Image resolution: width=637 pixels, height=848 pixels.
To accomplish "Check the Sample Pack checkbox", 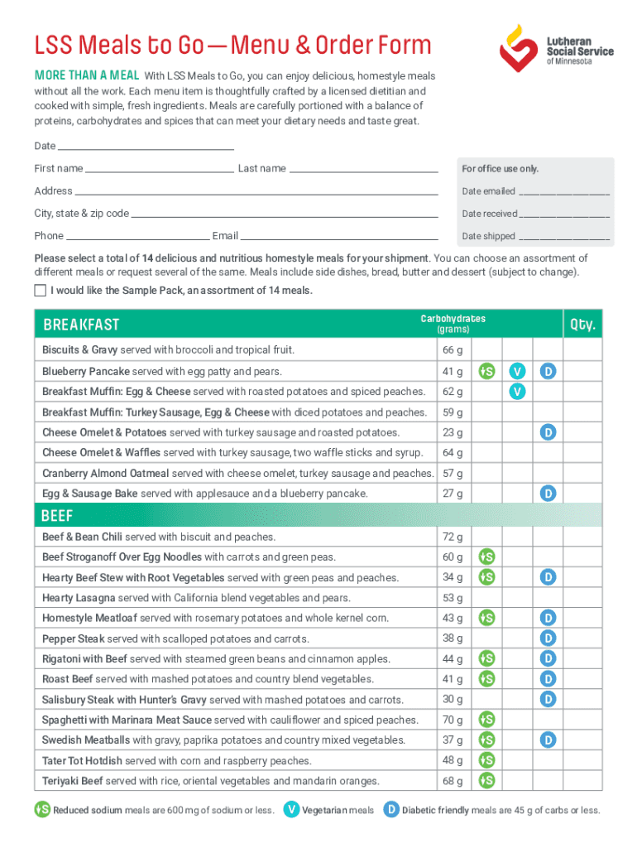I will pos(40,291).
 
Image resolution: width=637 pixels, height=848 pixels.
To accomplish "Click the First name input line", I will pos(159,169).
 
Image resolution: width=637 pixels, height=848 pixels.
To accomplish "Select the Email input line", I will pos(339,237).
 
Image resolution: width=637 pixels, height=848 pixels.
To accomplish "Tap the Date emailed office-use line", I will pos(564,192).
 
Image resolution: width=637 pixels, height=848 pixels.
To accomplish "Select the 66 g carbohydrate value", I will pos(453,350).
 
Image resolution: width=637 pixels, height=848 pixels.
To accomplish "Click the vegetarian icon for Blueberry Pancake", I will pos(517,371).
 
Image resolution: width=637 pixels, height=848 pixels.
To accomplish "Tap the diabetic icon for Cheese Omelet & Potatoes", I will pos(548,432).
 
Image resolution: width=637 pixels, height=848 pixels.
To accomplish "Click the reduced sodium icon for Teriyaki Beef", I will pos(487,780).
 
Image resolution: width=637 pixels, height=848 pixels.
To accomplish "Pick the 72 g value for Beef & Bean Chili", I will pos(453,537).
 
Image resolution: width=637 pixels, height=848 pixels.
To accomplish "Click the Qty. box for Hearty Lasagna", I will pos(582,597).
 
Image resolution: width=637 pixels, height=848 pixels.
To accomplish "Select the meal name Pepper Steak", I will pos(73,638).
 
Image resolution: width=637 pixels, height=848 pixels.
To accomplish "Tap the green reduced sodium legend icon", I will pos(42,810).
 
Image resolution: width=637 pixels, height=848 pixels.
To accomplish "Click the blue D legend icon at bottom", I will pos(391,810).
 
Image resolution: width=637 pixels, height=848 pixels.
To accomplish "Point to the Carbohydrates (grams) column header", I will pos(453,324).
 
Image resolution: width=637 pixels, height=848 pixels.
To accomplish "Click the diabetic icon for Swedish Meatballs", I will pos(548,740).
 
